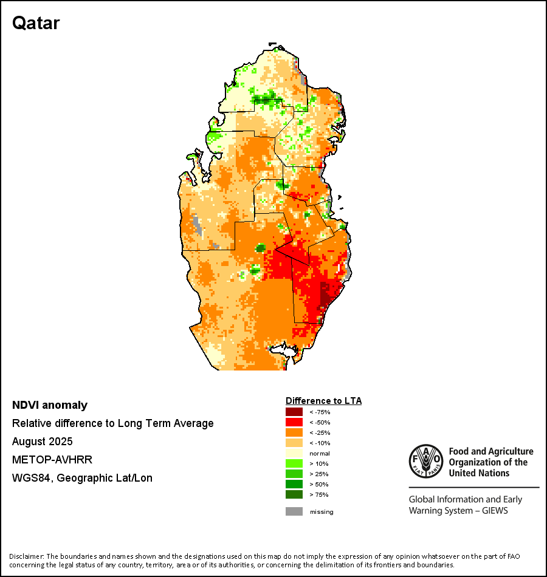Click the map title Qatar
tap(36, 23)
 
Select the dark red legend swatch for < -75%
tap(294, 412)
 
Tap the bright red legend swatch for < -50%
tap(294, 422)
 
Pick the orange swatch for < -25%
tap(294, 432)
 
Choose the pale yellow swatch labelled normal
tap(294, 453)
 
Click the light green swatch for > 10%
tap(294, 463)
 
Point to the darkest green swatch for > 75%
tap(294, 494)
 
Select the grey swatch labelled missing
tap(294, 511)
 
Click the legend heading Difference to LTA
tap(323, 401)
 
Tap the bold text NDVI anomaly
tap(50, 405)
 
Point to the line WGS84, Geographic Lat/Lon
tap(82, 478)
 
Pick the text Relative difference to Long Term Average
tap(113, 423)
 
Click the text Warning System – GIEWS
tap(458, 511)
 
